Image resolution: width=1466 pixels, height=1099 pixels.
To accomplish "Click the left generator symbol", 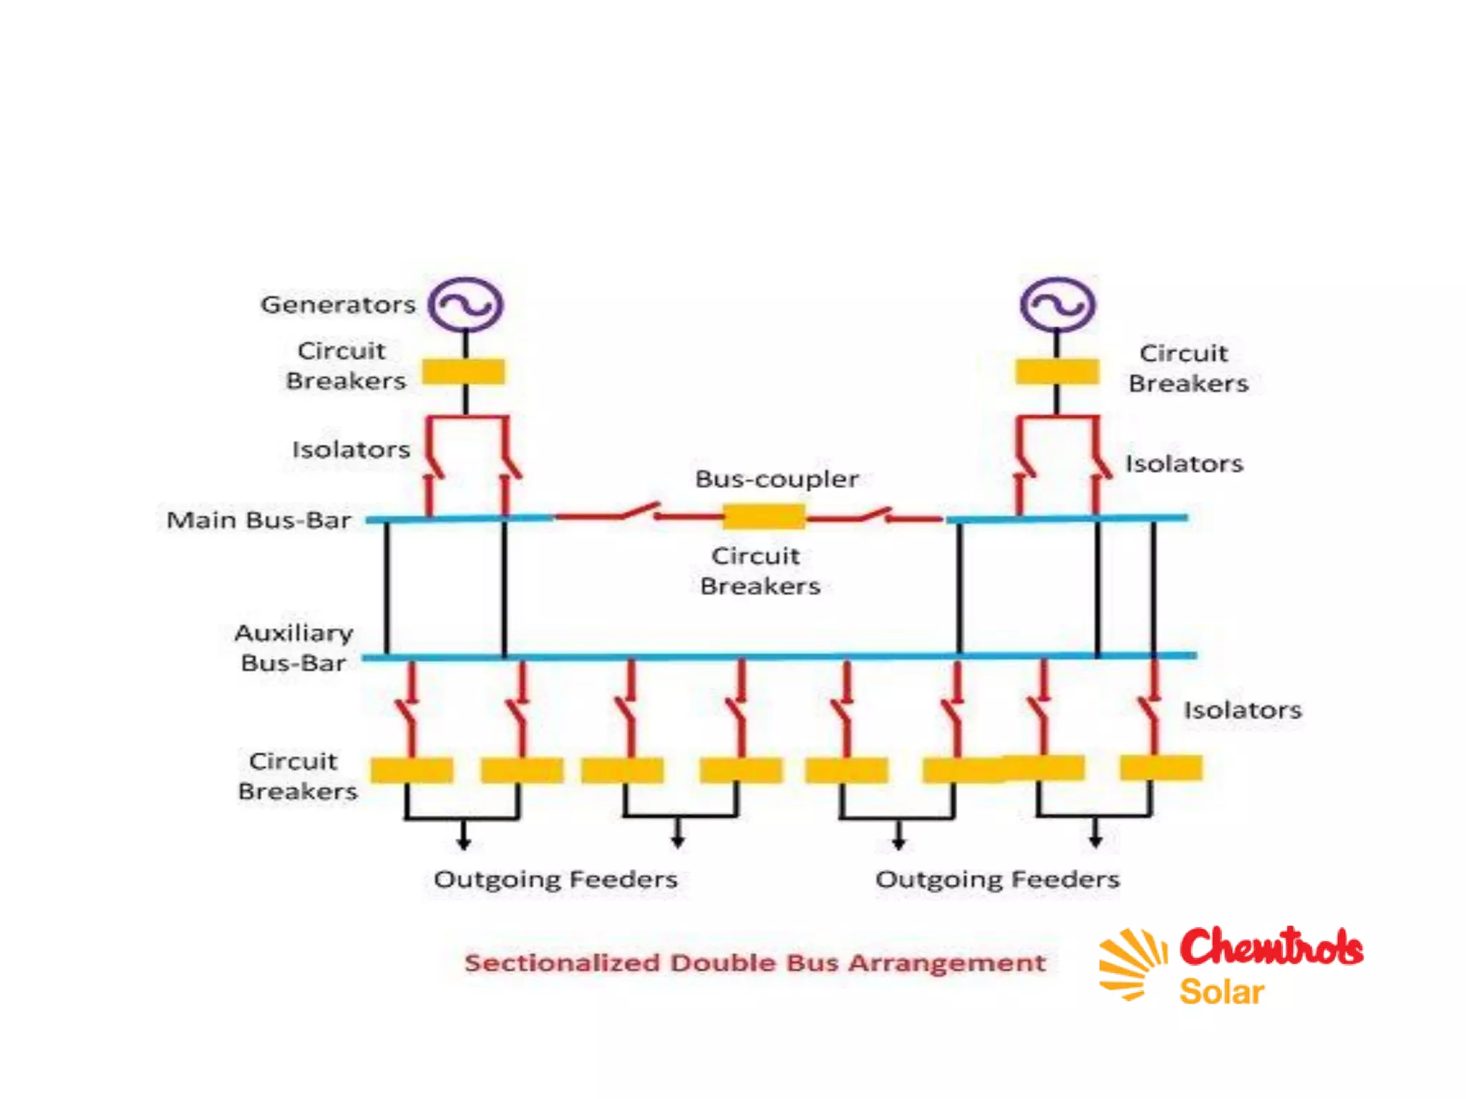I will pyautogui.click(x=465, y=305).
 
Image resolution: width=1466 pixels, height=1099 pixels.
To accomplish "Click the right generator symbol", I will pyautogui.click(x=1057, y=305).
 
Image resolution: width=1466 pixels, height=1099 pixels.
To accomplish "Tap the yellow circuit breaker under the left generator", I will pyautogui.click(x=463, y=372).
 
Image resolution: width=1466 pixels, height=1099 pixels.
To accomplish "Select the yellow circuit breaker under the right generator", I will pyautogui.click(x=1057, y=372).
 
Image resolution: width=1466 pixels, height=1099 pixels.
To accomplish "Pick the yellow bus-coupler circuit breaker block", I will pyautogui.click(x=764, y=516).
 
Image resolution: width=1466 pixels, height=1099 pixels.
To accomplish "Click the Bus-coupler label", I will pyautogui.click(x=777, y=479).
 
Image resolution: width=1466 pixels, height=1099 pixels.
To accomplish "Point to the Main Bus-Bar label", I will pyautogui.click(x=258, y=520).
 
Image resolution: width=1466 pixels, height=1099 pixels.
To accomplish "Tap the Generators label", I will pyautogui.click(x=338, y=305).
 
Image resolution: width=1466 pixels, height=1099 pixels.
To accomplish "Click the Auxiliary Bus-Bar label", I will pyautogui.click(x=293, y=648).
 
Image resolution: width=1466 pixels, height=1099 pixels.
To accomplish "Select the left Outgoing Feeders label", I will pyautogui.click(x=555, y=879).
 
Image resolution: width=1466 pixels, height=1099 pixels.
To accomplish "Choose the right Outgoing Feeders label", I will pyautogui.click(x=997, y=879).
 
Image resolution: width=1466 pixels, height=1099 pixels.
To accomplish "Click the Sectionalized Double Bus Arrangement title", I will pyautogui.click(x=755, y=963).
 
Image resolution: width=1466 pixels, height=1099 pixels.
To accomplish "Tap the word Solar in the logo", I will pyautogui.click(x=1221, y=992).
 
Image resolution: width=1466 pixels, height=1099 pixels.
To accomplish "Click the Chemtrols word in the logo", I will pyautogui.click(x=1271, y=947).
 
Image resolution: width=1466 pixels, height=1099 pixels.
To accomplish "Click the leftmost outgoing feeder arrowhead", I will pyautogui.click(x=463, y=844).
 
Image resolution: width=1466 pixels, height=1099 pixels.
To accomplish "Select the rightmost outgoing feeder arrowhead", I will pyautogui.click(x=1095, y=841).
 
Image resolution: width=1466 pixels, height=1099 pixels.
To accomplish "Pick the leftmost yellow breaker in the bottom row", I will pyautogui.click(x=412, y=770).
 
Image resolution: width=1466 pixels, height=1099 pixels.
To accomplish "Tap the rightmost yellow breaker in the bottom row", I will pyautogui.click(x=1161, y=768).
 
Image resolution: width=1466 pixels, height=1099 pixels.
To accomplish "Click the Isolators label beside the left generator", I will pyautogui.click(x=351, y=449).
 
